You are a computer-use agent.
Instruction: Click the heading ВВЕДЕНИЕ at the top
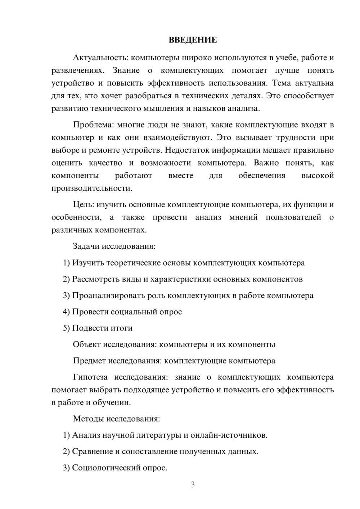(x=193, y=40)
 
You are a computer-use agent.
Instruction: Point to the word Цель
(x=84, y=204)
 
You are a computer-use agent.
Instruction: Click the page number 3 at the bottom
(x=193, y=485)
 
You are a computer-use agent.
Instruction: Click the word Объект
(x=86, y=344)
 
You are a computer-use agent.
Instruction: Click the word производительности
(x=92, y=188)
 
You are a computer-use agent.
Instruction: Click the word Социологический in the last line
(x=103, y=468)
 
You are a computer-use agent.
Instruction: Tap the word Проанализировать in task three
(x=108, y=296)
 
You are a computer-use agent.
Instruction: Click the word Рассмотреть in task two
(x=95, y=279)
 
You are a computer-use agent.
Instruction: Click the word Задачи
(x=86, y=247)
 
